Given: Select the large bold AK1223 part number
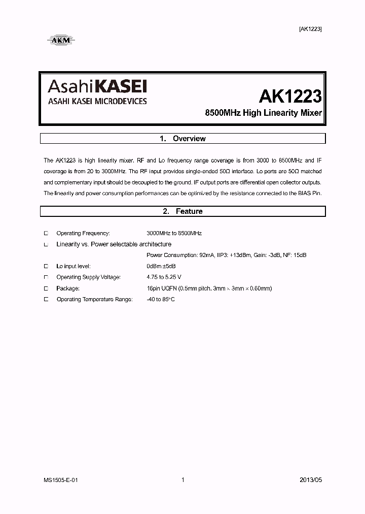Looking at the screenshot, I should point(290,97).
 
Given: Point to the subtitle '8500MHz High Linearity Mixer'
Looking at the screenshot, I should point(263,113).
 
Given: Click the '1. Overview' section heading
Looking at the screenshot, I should point(182,139).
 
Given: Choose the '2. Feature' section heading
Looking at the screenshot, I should point(182,211).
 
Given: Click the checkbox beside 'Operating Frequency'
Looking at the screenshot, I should point(46,233).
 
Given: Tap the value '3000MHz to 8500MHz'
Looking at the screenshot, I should point(174,233).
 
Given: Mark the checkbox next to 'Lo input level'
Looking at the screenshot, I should point(46,266).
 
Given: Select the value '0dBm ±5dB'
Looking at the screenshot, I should point(161,266).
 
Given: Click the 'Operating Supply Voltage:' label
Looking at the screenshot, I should point(88,277).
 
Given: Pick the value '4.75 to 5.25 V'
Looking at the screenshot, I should point(164,277).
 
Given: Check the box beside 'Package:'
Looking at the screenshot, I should point(46,288).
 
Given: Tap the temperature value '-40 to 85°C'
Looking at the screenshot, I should point(161,300).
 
